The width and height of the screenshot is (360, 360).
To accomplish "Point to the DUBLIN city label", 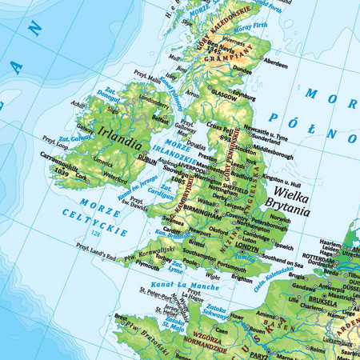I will point(147,159).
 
